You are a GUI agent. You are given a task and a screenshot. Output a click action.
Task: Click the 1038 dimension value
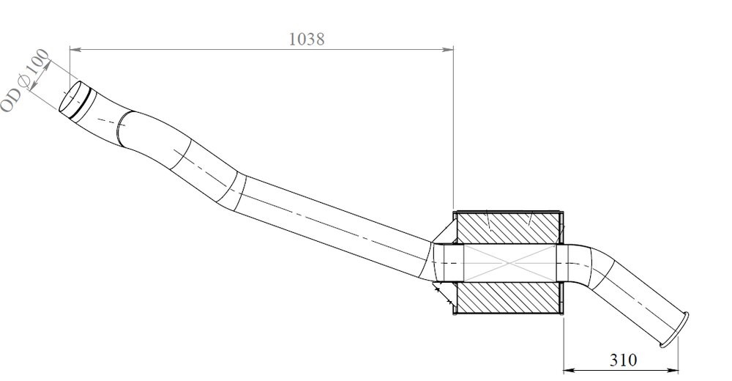coord(306,39)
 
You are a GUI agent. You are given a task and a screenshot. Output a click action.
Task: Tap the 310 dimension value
coord(623,360)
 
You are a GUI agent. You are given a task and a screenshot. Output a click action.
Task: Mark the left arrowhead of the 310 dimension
coord(569,369)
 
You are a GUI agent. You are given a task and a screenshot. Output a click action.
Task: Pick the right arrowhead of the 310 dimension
coord(675,369)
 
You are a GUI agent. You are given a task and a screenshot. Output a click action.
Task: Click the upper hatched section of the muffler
coord(509,228)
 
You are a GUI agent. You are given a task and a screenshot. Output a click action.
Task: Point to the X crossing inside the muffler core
coord(509,263)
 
